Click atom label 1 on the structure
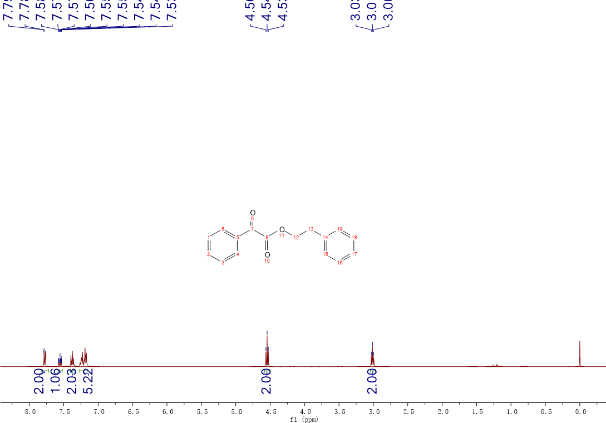[x=209, y=238]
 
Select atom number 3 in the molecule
[x=223, y=263]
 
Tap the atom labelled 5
[x=238, y=238]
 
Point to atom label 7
[x=252, y=229]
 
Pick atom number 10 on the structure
[x=267, y=260]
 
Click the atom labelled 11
[x=282, y=236]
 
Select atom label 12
[x=296, y=238]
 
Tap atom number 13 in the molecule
[x=311, y=229]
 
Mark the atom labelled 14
[x=325, y=238]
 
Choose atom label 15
[x=325, y=254]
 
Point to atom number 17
[x=354, y=254]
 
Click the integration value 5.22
[x=88, y=381]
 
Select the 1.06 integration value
[x=56, y=381]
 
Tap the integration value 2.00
[x=39, y=381]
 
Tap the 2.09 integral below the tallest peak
[x=267, y=381]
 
